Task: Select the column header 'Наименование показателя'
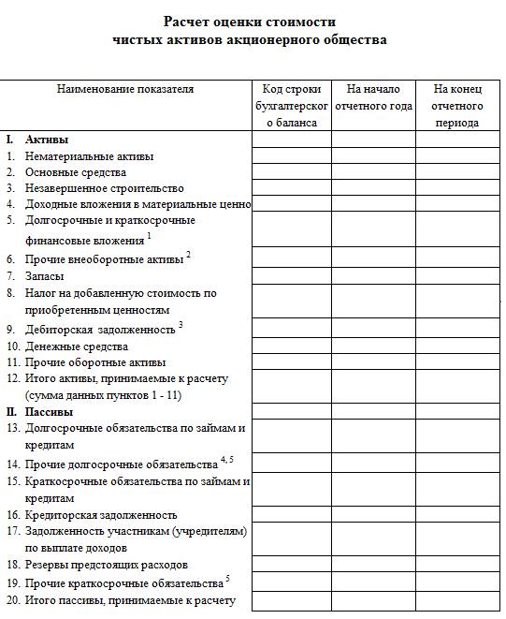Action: point(125,90)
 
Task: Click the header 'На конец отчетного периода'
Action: point(456,106)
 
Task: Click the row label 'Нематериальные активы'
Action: point(89,156)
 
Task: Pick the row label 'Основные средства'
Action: point(75,172)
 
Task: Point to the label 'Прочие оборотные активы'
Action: point(95,362)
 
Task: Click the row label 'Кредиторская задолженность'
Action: point(101,515)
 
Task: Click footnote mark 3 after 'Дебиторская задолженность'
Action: point(181,325)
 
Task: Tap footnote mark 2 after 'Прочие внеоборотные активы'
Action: point(188,254)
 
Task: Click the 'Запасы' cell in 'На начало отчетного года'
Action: point(372,276)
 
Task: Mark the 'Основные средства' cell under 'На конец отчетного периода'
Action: point(456,172)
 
